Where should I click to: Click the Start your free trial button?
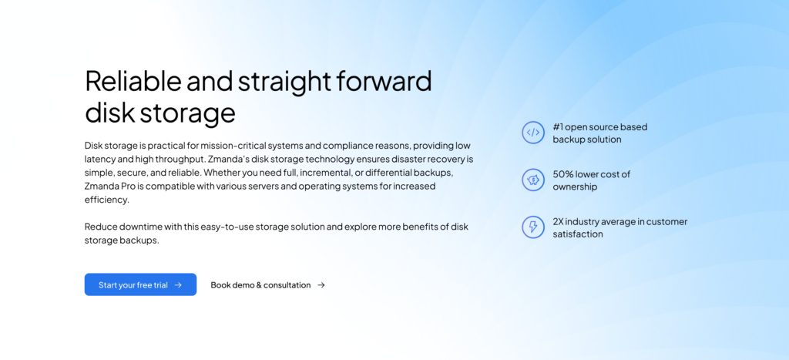coord(140,284)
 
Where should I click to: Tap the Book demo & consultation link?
coord(260,285)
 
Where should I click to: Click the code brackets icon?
coord(533,133)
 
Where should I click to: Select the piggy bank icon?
coord(533,180)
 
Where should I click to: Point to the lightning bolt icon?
coord(533,227)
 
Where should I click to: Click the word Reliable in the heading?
coord(133,81)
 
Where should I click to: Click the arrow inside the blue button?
coord(178,285)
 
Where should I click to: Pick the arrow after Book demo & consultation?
coord(321,285)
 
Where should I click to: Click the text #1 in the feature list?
coord(559,126)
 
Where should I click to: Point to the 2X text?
coord(559,221)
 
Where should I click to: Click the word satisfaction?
coord(578,234)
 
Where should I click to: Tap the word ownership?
coord(575,187)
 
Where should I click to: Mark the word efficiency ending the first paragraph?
coord(106,200)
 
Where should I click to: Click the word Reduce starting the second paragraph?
coord(100,227)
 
